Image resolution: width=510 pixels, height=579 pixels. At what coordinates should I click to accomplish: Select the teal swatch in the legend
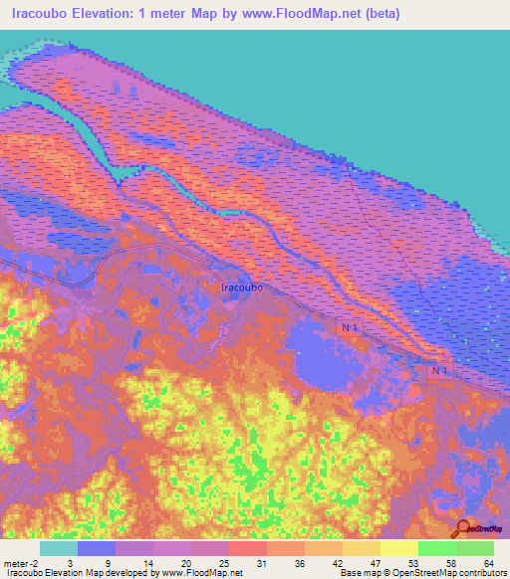(x=59, y=548)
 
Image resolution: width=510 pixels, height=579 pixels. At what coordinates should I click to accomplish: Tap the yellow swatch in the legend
(x=399, y=548)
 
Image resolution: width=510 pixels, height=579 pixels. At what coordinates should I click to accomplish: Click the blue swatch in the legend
(x=97, y=548)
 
